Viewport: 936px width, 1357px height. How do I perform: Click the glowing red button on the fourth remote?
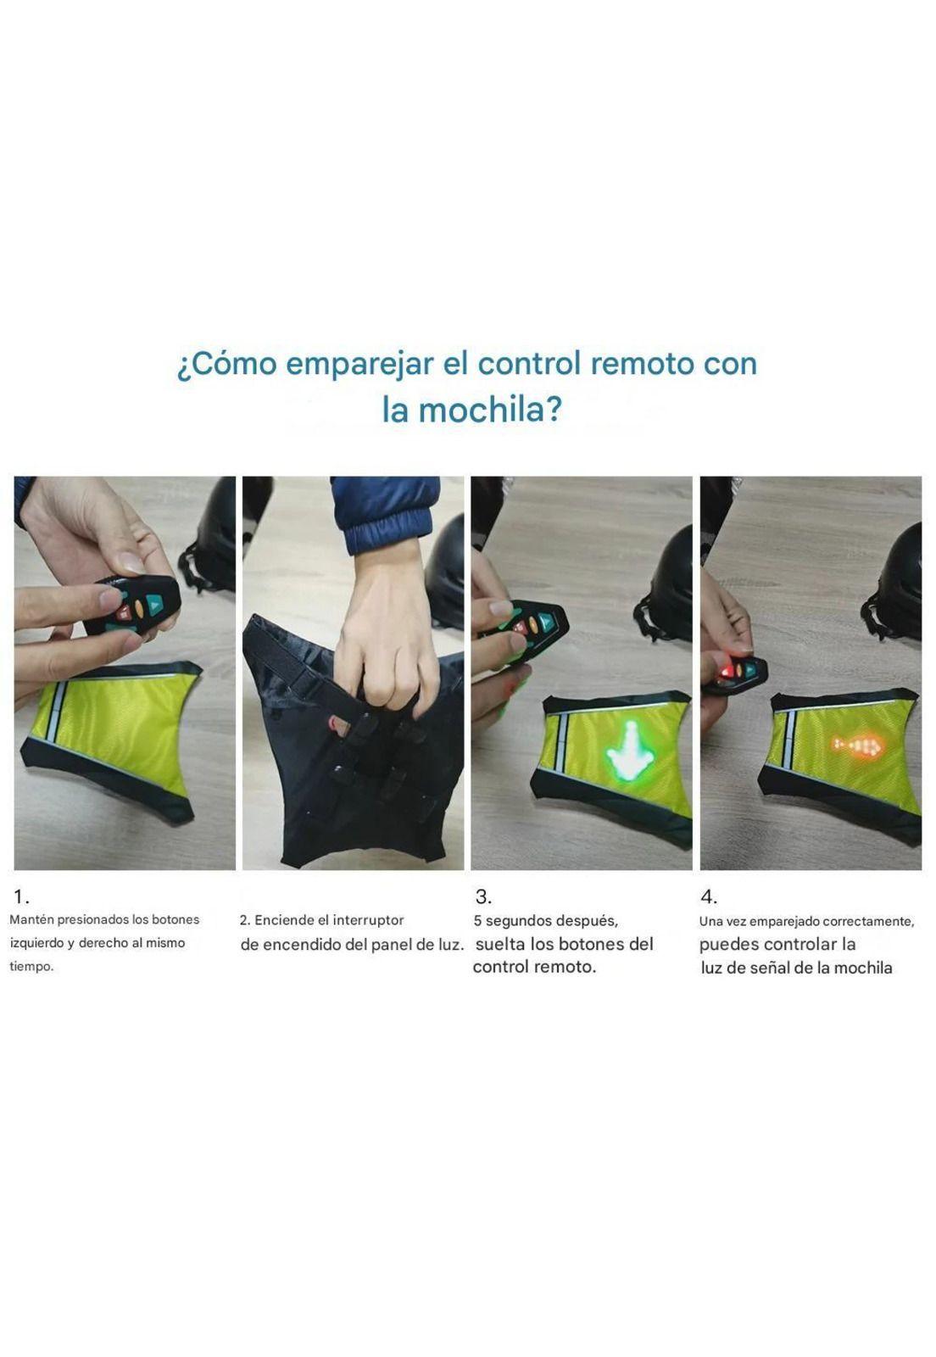pyautogui.click(x=723, y=674)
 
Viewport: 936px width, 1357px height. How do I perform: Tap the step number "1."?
pyautogui.click(x=22, y=897)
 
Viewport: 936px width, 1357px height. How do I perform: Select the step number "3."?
pyautogui.click(x=483, y=897)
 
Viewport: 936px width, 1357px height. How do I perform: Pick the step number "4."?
pyautogui.click(x=709, y=897)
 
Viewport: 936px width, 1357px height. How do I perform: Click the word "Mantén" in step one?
pyautogui.click(x=31, y=919)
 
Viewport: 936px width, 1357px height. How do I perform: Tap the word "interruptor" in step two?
pyautogui.click(x=368, y=920)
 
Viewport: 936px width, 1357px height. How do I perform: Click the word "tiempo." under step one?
pyautogui.click(x=31, y=967)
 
